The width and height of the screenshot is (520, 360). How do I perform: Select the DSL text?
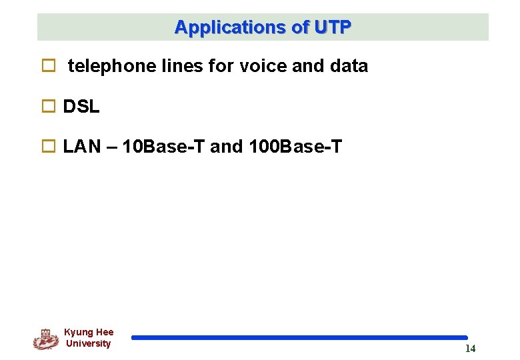(x=81, y=107)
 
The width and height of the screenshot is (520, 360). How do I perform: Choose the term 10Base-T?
(x=165, y=147)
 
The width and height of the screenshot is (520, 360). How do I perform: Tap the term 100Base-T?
(x=295, y=147)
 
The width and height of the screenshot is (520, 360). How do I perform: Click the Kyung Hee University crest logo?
(x=45, y=339)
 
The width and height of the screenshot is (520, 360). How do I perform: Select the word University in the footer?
(x=88, y=344)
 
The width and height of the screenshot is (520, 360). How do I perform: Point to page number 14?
(x=470, y=349)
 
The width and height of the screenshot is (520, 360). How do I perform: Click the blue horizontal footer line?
(x=299, y=338)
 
